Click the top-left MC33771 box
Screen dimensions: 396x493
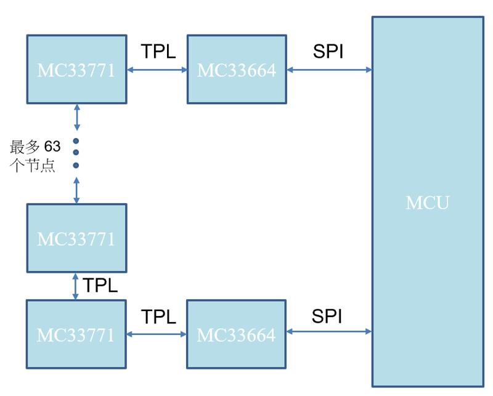[x=76, y=69]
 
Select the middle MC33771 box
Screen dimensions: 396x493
[x=76, y=238]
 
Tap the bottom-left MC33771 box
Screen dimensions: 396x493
[x=76, y=334]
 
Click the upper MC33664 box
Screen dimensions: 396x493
[x=237, y=69]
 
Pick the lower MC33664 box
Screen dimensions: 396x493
[x=236, y=334]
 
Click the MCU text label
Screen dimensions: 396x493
[x=427, y=203]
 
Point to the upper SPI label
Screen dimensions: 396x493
[x=328, y=52]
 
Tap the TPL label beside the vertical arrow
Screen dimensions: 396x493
[x=100, y=286]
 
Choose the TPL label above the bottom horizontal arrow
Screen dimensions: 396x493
[x=158, y=317]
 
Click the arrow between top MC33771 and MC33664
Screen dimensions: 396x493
[x=157, y=70]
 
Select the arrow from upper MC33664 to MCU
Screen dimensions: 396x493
[x=329, y=70]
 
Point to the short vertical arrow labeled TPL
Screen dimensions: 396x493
[x=76, y=286]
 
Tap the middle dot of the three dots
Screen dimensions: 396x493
[x=76, y=152]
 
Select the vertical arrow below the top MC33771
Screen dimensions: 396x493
[x=77, y=117]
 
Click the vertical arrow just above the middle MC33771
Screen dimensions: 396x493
[x=76, y=190]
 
